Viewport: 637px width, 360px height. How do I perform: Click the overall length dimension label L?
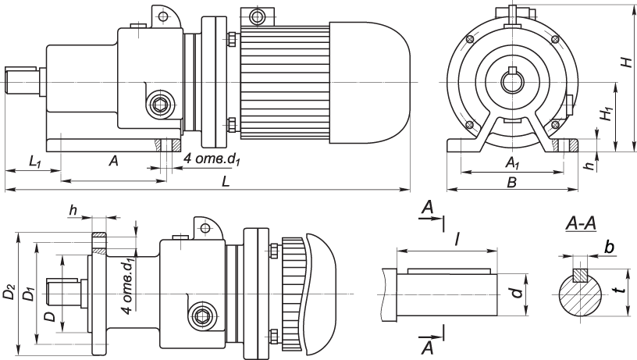pos(226,180)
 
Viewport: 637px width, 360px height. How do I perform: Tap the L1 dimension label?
pos(35,162)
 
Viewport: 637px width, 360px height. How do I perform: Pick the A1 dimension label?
pos(512,163)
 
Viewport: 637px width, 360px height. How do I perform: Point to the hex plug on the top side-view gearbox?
pos(160,105)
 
